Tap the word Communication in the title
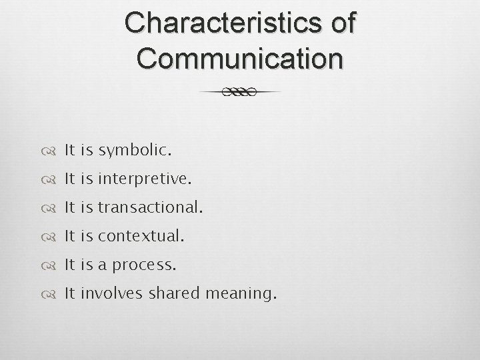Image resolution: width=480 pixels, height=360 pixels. (x=240, y=59)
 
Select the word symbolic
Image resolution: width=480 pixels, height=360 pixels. (x=135, y=151)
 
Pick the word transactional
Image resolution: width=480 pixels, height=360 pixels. (x=149, y=208)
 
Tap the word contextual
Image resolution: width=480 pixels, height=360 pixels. (x=141, y=236)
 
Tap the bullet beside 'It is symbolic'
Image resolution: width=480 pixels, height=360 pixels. (x=52, y=151)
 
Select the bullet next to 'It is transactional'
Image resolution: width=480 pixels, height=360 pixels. (x=52, y=208)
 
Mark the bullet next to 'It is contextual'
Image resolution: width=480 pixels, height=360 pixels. (x=52, y=236)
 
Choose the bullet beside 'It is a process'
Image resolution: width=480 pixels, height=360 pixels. (x=52, y=265)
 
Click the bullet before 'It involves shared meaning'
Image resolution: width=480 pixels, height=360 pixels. (x=52, y=293)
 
